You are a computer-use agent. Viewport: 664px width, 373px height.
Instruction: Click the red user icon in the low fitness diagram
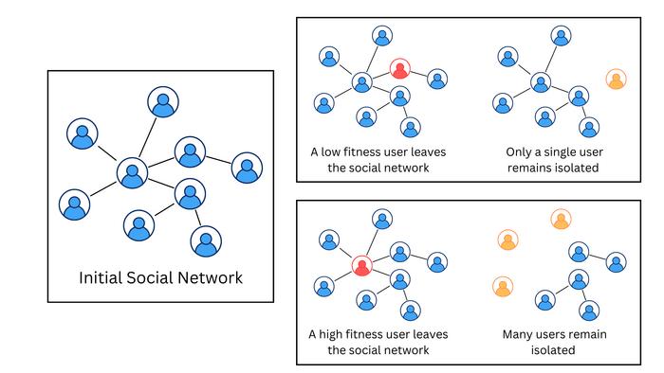click(399, 69)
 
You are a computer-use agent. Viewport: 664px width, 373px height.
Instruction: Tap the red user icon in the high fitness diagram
click(362, 266)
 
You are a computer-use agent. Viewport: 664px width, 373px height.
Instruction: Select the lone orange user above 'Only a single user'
click(617, 79)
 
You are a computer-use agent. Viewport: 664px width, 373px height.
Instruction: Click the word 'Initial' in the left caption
click(101, 277)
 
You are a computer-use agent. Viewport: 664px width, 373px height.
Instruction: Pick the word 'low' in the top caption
click(331, 151)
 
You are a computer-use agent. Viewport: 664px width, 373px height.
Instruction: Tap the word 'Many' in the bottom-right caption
click(516, 334)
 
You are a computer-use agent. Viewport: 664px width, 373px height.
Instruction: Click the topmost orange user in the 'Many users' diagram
click(562, 220)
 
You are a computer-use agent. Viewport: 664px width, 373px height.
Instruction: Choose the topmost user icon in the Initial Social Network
click(163, 102)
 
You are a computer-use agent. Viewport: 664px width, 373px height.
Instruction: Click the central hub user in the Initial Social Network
click(132, 172)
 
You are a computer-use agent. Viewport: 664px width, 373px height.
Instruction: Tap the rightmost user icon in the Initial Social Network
click(247, 168)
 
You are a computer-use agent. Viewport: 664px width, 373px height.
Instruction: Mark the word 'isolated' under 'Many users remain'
click(553, 350)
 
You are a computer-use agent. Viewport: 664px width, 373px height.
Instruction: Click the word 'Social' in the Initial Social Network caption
click(150, 277)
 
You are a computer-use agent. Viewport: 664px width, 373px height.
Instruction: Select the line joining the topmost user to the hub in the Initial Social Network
click(147, 137)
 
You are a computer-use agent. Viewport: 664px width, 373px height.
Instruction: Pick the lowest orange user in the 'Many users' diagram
click(503, 287)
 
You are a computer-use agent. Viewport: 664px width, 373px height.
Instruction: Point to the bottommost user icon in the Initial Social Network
click(206, 241)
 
